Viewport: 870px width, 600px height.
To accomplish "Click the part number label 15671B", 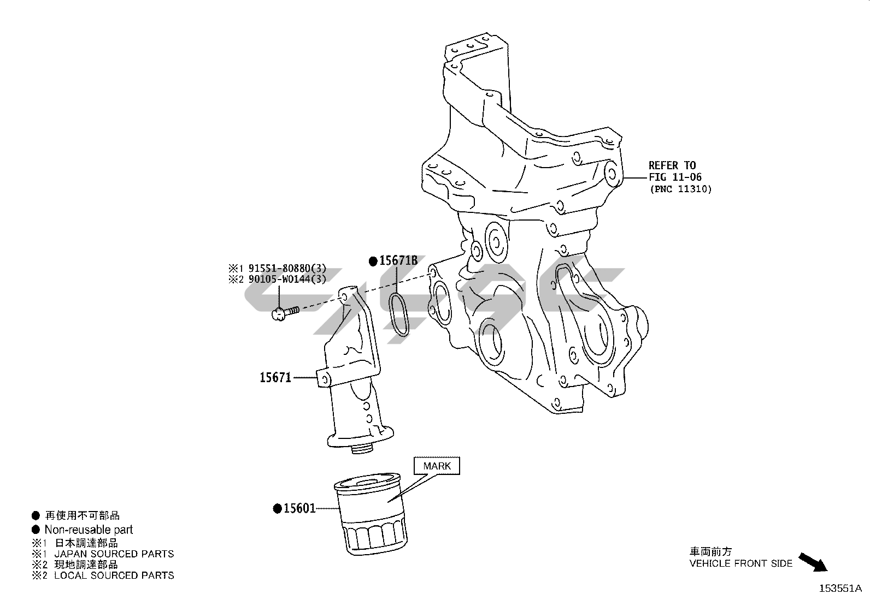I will point(398,260).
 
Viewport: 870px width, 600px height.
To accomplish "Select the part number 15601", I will point(299,509).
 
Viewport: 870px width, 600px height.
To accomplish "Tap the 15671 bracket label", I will point(275,377).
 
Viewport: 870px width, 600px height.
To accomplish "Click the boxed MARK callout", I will point(437,466).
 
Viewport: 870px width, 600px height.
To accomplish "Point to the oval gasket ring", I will point(399,314).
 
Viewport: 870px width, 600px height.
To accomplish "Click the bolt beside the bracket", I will point(284,312).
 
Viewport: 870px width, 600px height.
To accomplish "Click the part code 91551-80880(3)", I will point(287,268).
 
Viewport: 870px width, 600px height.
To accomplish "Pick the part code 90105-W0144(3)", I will point(287,280).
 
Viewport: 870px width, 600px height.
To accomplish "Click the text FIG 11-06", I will point(675,177).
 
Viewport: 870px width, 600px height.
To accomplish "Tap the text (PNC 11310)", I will point(680,189).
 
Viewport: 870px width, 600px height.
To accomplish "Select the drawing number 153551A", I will point(840,589).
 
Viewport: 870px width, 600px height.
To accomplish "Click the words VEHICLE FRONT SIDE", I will point(740,563).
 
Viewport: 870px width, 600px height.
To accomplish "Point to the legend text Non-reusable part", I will point(89,530).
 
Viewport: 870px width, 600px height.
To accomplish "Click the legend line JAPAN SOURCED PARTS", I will point(114,554).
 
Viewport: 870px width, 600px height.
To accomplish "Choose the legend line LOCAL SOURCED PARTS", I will point(114,575).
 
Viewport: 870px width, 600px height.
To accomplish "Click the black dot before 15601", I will point(278,509).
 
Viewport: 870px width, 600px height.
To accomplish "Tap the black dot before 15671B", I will point(373,261).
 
